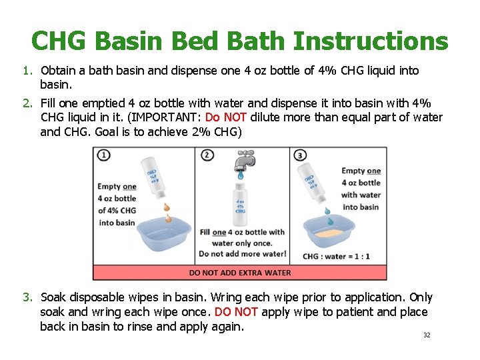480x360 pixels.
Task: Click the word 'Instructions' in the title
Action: tap(370, 41)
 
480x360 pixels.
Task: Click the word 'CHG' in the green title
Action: tap(59, 41)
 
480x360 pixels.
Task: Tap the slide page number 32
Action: tap(427, 335)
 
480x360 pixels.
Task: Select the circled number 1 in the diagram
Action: tap(104, 155)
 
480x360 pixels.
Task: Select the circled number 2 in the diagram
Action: tap(207, 155)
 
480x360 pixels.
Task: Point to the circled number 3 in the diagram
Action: tap(301, 155)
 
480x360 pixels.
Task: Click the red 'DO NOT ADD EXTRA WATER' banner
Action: tap(240, 272)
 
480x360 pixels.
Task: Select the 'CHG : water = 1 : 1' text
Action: tap(337, 256)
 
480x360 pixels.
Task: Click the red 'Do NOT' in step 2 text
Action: tap(226, 117)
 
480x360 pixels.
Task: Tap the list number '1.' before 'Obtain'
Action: tap(27, 71)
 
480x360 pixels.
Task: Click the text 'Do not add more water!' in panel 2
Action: tap(243, 253)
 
